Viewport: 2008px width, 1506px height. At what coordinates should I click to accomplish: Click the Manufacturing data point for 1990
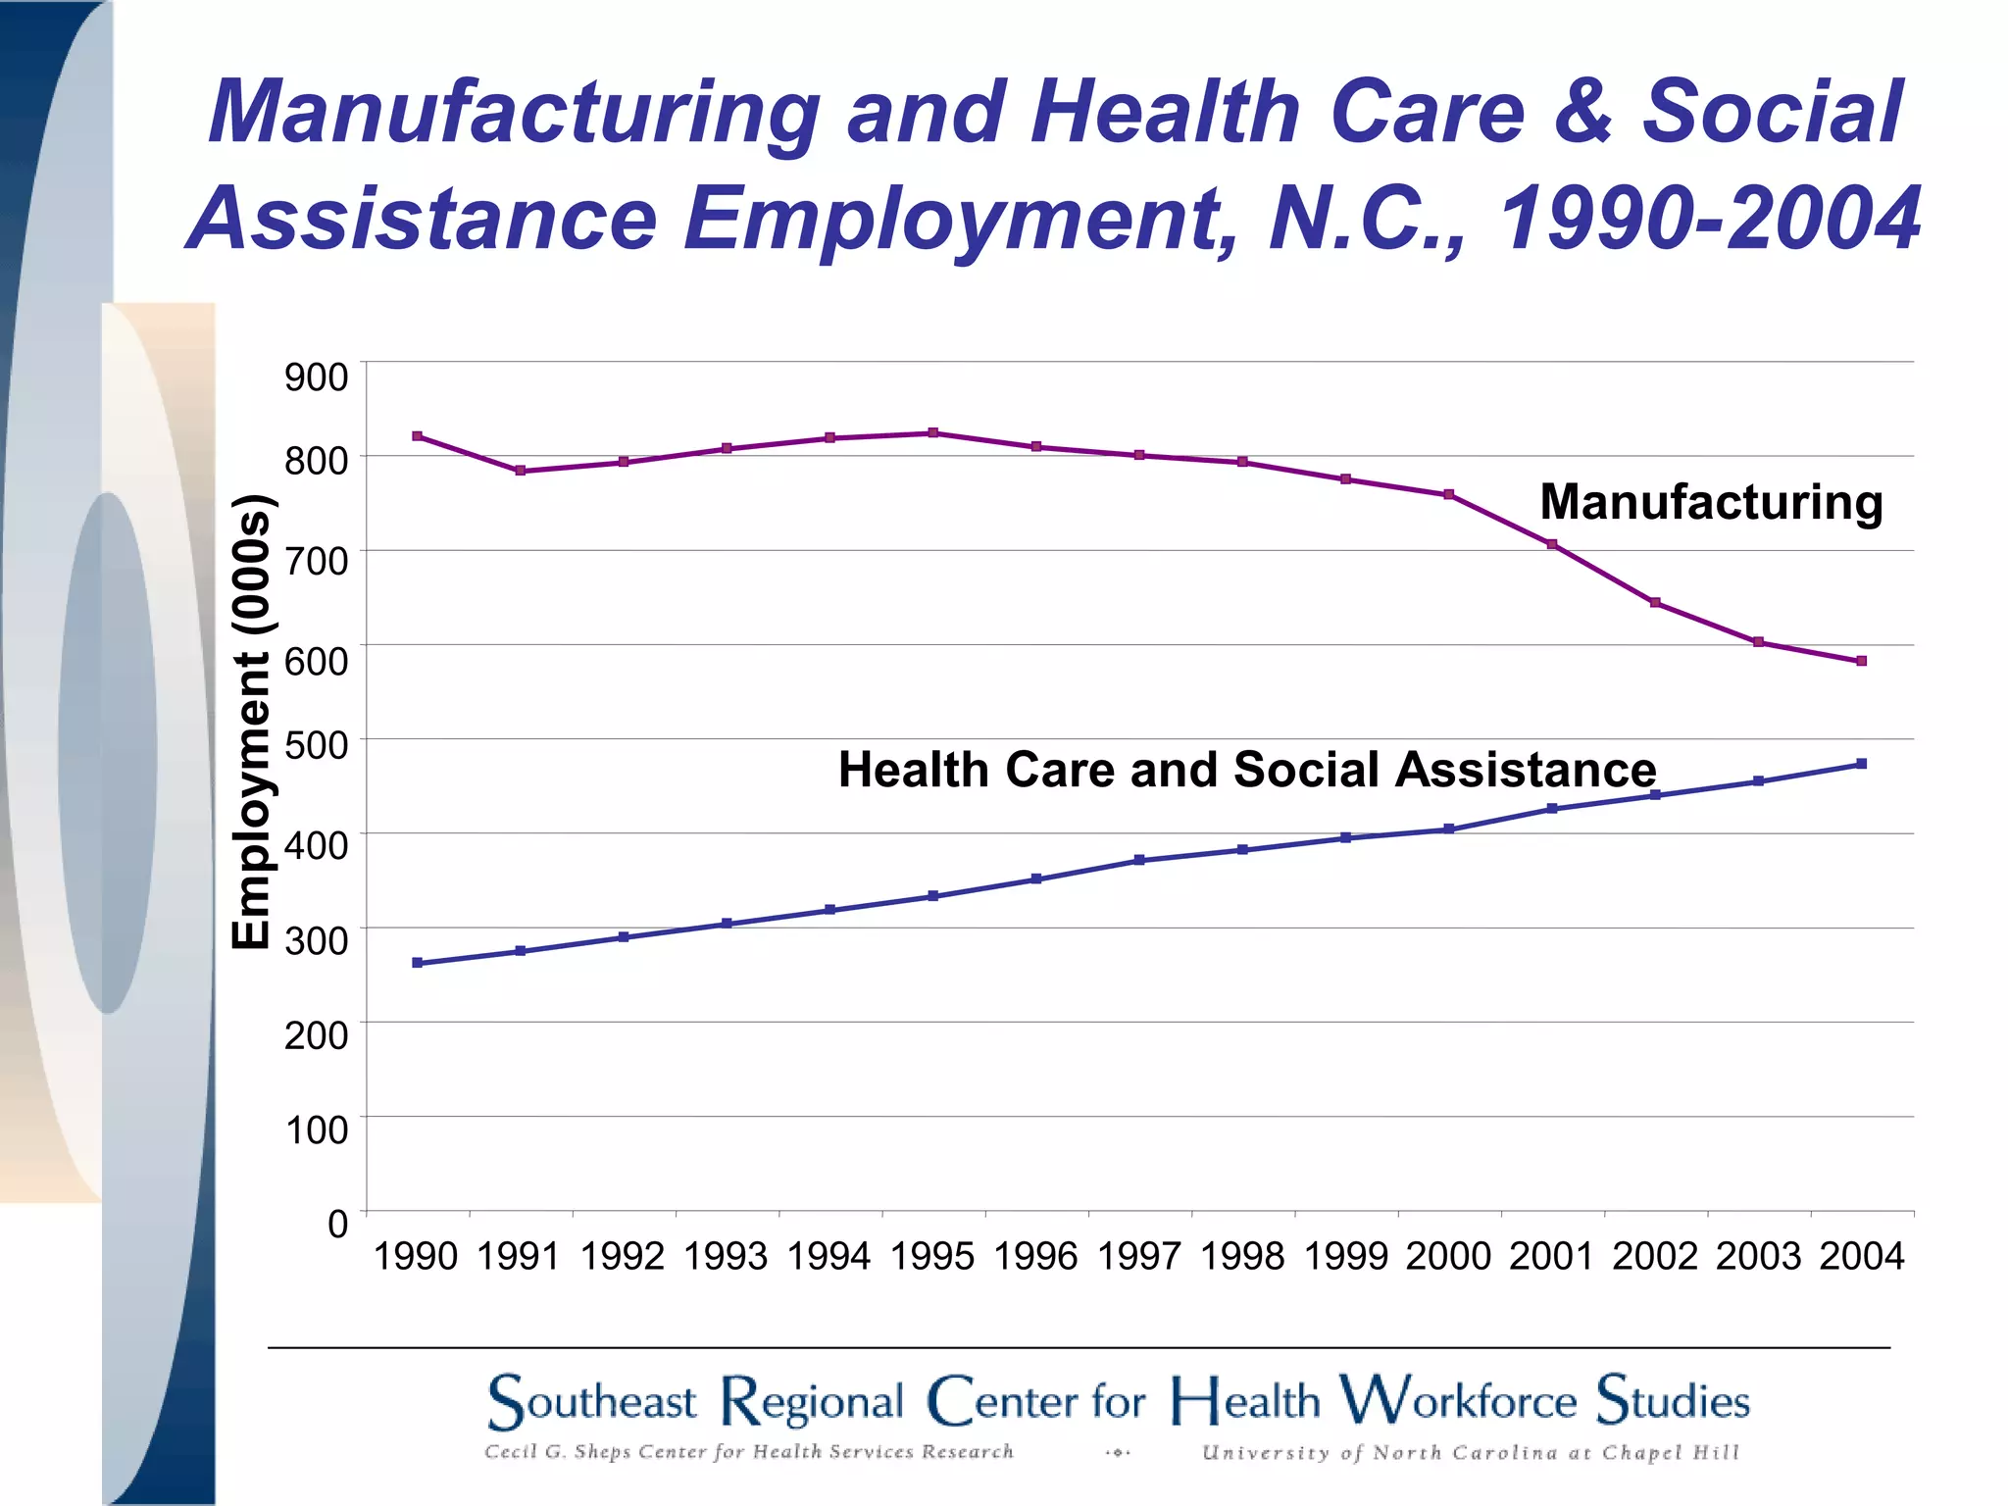point(418,436)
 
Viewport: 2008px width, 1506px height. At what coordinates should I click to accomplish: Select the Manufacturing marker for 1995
point(933,432)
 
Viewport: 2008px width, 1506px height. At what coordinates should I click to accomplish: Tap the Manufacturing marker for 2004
point(1861,661)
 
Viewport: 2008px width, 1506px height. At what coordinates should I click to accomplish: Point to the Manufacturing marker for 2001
point(1552,544)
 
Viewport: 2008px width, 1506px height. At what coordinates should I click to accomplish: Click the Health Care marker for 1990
point(418,963)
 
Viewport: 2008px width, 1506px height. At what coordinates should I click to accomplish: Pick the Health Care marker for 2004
point(1861,764)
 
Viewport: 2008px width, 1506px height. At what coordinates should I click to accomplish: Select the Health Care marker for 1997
point(1139,860)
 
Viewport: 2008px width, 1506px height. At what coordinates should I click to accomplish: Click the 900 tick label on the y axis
point(316,376)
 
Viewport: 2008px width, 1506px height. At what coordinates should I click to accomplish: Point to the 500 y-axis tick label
point(316,745)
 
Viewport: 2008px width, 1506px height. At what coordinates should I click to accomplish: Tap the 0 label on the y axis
point(337,1224)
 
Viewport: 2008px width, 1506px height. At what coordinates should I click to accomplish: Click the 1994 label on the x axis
point(829,1256)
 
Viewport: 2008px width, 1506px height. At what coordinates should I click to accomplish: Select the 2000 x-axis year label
point(1448,1256)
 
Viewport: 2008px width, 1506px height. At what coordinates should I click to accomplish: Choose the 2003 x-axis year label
point(1758,1256)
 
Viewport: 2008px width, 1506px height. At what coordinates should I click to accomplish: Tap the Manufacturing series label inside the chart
point(1711,502)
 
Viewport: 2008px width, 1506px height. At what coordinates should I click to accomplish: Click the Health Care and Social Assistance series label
point(1246,770)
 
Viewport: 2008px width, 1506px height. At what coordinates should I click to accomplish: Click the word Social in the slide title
point(1772,111)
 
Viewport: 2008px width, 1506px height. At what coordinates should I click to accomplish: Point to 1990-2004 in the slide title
point(1710,218)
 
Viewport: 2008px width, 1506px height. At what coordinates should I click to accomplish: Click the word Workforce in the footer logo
point(1458,1400)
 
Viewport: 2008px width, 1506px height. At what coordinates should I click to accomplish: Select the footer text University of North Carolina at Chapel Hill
point(1470,1453)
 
